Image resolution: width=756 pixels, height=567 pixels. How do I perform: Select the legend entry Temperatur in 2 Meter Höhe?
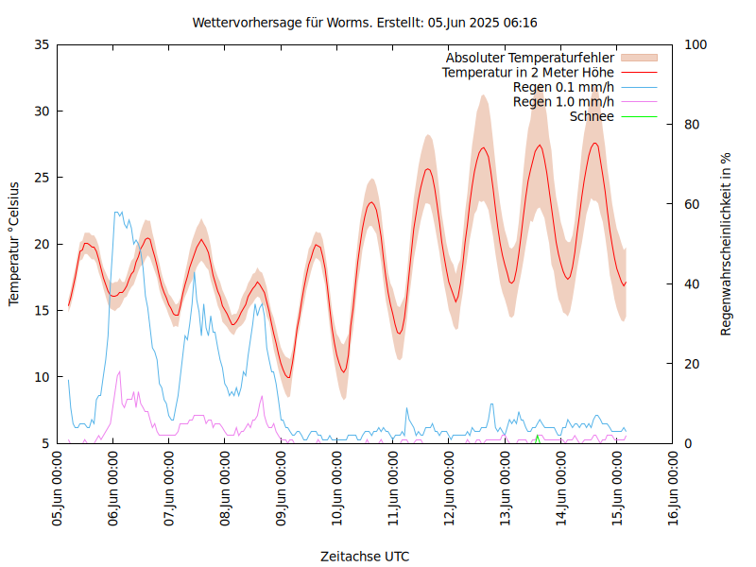click(528, 72)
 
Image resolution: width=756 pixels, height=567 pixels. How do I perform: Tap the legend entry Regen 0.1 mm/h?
click(563, 87)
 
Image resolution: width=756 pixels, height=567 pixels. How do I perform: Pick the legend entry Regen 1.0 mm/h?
click(563, 101)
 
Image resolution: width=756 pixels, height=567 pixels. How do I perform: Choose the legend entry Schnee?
click(593, 116)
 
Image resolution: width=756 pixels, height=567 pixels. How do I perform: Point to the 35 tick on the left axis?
click(41, 44)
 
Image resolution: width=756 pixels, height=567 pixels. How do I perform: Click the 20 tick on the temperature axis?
click(41, 244)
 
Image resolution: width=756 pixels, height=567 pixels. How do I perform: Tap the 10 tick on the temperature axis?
click(41, 377)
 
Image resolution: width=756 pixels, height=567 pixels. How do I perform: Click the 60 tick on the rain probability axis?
click(692, 204)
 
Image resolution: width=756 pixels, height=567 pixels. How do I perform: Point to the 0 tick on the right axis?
click(688, 443)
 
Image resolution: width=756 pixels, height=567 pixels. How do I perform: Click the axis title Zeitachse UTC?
click(365, 556)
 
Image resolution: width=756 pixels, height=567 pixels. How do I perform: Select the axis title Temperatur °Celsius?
click(14, 244)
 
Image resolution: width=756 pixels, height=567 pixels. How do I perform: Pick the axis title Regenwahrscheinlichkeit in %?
click(727, 244)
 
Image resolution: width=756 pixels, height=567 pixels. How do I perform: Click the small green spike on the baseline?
click(537, 438)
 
